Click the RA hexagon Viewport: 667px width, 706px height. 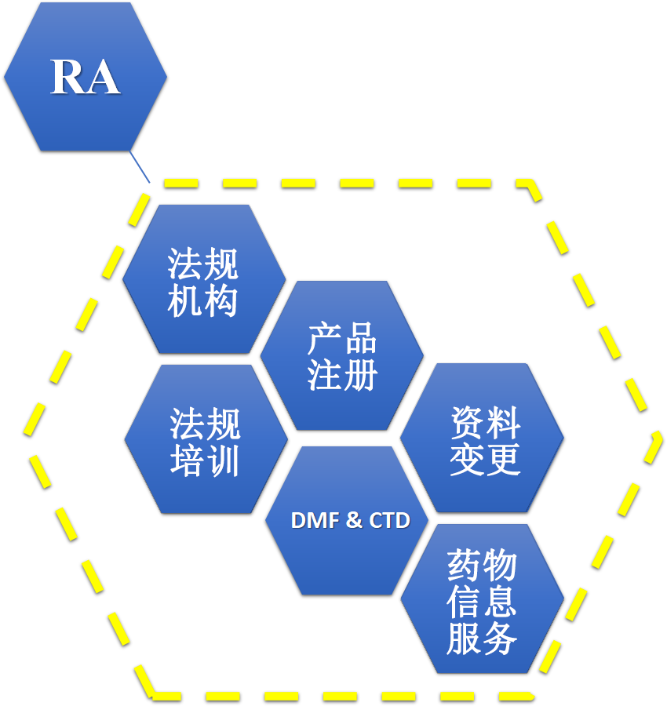click(85, 76)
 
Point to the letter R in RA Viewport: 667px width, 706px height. click(67, 77)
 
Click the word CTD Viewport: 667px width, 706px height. click(389, 521)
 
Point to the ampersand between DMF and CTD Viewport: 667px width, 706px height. click(355, 521)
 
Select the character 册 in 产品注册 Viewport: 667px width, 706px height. click(360, 375)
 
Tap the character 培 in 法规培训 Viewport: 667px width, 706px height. click(188, 460)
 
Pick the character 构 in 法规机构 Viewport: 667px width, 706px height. click(221, 300)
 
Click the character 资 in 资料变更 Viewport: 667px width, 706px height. click(466, 424)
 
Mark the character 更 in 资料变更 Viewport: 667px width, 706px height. click(502, 460)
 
